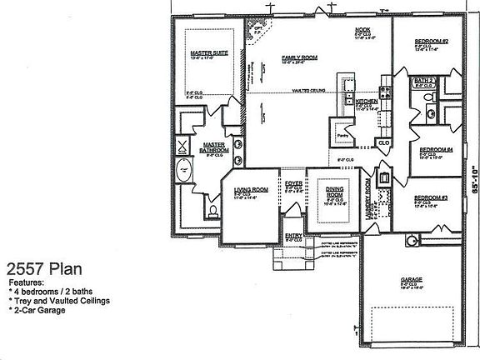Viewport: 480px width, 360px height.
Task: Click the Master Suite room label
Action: pos(209,53)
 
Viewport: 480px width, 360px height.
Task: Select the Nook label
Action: pos(362,30)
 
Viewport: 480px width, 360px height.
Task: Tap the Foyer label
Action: pos(293,183)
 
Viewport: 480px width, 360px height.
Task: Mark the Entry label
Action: pos(294,236)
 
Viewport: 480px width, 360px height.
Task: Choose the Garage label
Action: pos(408,280)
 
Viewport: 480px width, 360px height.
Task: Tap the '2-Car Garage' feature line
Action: pos(41,310)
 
